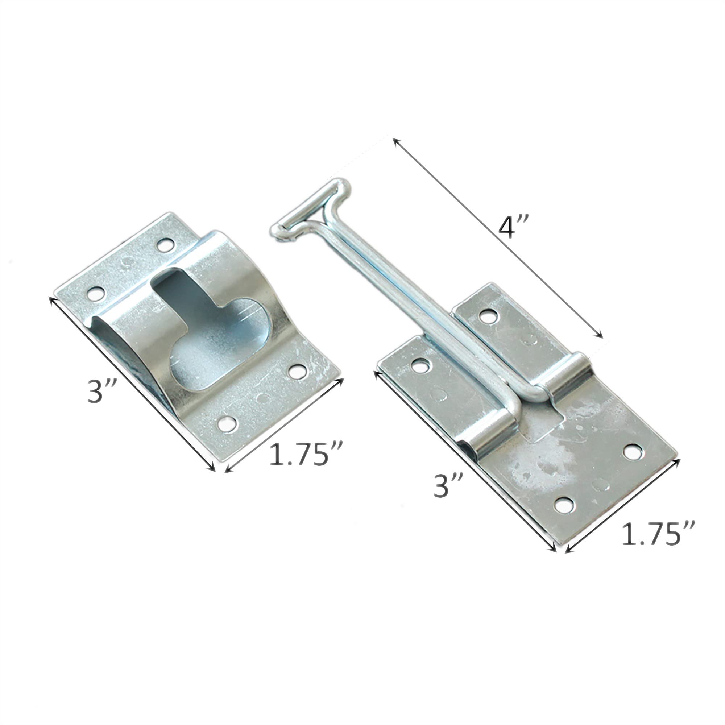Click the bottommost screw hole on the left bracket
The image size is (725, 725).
[x=227, y=424]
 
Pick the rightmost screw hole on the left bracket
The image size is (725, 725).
[x=298, y=372]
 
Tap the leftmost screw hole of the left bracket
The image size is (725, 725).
[x=95, y=294]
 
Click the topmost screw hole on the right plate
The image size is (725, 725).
[x=488, y=317]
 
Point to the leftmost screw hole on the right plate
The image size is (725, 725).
[x=420, y=365]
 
